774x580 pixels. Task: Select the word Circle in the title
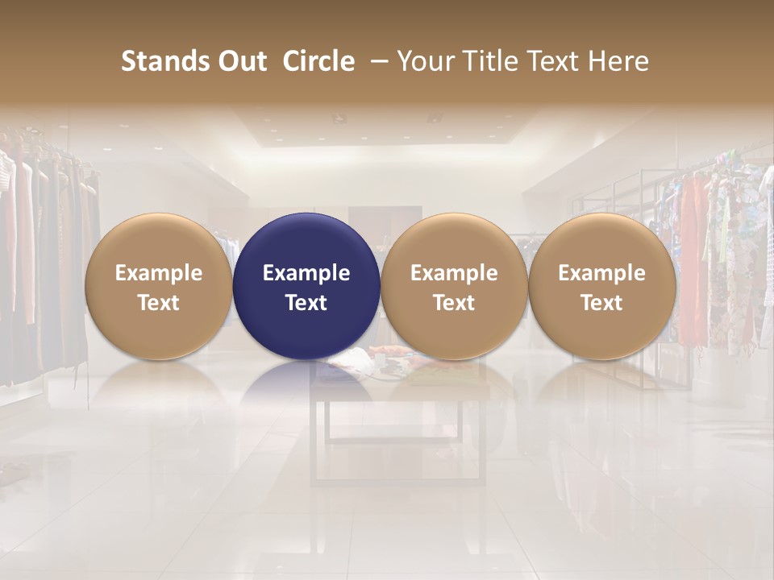tap(318, 61)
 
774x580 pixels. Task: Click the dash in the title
tap(376, 61)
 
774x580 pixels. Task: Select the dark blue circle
tap(306, 287)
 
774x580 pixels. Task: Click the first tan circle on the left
tap(158, 287)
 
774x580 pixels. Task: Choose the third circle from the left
tap(454, 287)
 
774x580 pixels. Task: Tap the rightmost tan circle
tap(601, 287)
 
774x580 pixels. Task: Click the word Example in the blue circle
tap(306, 273)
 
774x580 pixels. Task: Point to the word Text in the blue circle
tap(306, 303)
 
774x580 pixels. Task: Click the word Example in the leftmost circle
tap(158, 273)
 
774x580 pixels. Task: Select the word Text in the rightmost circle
tap(601, 303)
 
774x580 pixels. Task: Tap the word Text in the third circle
tap(454, 303)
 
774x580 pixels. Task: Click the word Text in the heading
tap(550, 61)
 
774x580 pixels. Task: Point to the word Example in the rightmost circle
tap(601, 273)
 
